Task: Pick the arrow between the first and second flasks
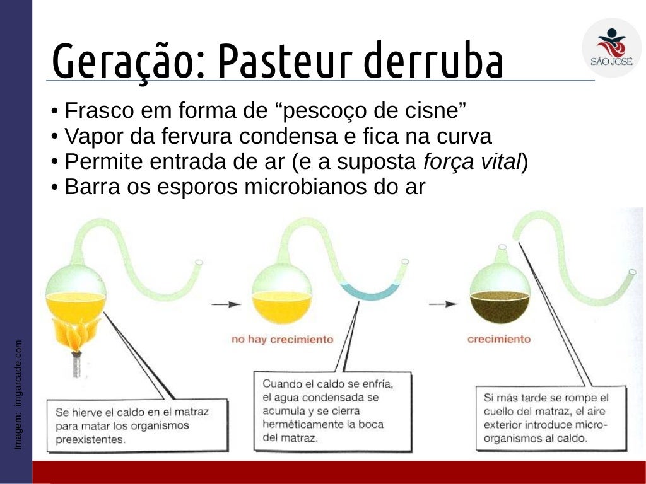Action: [226, 304]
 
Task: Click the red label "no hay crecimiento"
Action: [282, 340]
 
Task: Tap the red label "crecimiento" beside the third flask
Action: [498, 339]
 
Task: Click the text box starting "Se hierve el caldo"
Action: [136, 425]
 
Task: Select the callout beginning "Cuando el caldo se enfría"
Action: [332, 410]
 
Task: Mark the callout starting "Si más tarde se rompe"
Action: [550, 417]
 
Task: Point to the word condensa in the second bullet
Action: [293, 137]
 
